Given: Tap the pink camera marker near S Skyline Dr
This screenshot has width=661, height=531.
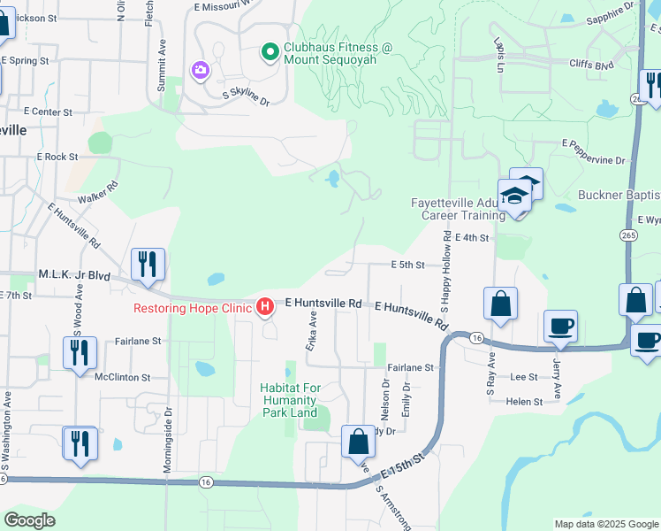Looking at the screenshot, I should [x=200, y=69].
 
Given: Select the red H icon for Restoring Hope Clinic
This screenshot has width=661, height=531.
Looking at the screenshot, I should [x=264, y=308].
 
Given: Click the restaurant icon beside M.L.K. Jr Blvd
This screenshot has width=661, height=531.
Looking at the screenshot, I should [x=147, y=264].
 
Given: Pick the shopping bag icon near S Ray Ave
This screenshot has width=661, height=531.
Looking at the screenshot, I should [x=500, y=304].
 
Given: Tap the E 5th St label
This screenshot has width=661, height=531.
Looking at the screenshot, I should [x=409, y=265].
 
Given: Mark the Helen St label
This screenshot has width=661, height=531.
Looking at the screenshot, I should [x=524, y=402].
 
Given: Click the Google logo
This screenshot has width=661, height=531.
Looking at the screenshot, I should [x=29, y=519].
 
